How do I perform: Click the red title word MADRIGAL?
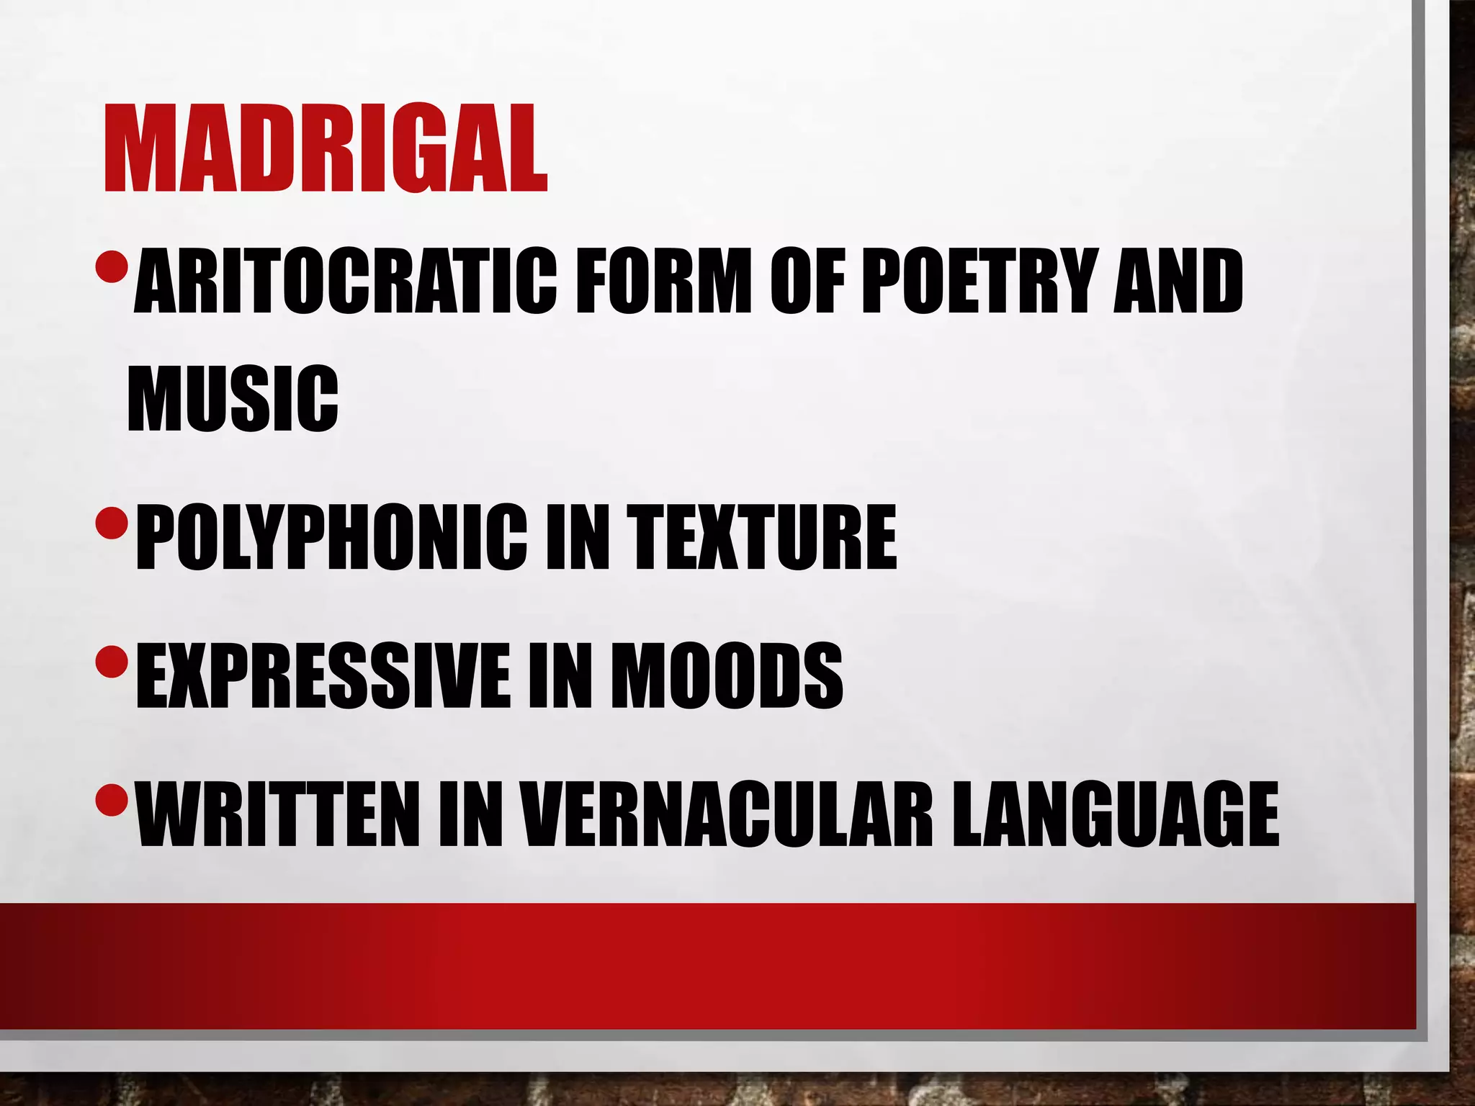(x=326, y=149)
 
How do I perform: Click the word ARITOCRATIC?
(x=345, y=281)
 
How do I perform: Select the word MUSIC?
(x=233, y=397)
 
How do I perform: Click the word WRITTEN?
(x=278, y=814)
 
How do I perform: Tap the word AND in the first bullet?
(x=1178, y=281)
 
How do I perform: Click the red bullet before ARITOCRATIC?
(x=111, y=266)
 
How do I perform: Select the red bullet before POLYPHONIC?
(x=111, y=521)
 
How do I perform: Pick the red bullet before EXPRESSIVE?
(x=111, y=658)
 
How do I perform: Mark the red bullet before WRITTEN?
(x=111, y=797)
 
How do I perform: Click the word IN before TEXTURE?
(x=576, y=536)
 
